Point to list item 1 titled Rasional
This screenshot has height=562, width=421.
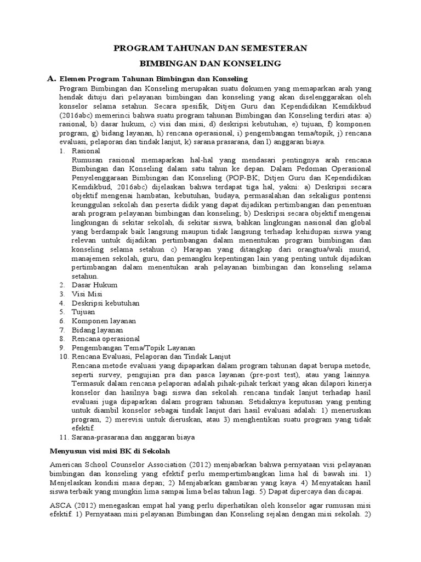click(86, 150)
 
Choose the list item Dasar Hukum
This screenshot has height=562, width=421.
click(94, 285)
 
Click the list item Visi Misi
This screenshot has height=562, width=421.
click(87, 294)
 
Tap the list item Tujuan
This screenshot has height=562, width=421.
click(84, 312)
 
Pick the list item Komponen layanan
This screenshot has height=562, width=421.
click(104, 321)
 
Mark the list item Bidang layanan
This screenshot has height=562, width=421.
click(98, 330)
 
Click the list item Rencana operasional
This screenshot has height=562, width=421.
click(105, 339)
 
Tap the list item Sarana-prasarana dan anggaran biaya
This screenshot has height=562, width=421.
click(133, 437)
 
